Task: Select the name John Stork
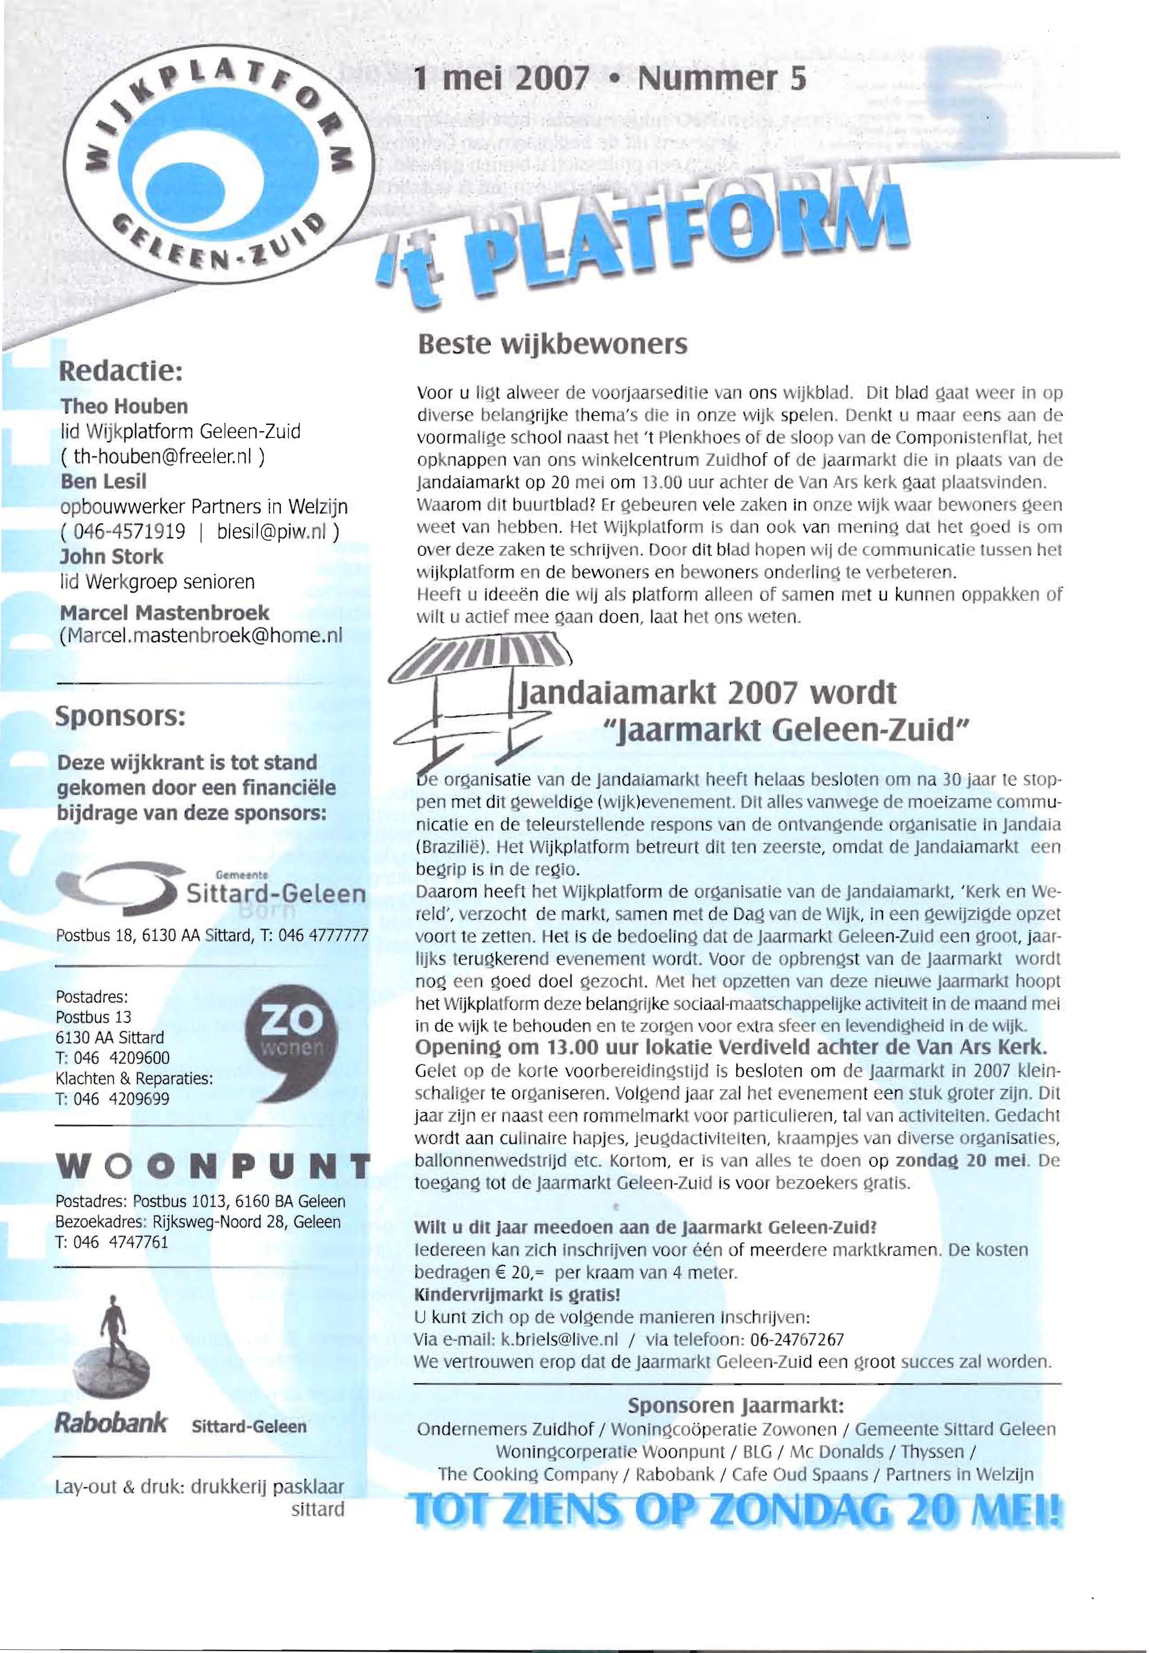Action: pos(112,556)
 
